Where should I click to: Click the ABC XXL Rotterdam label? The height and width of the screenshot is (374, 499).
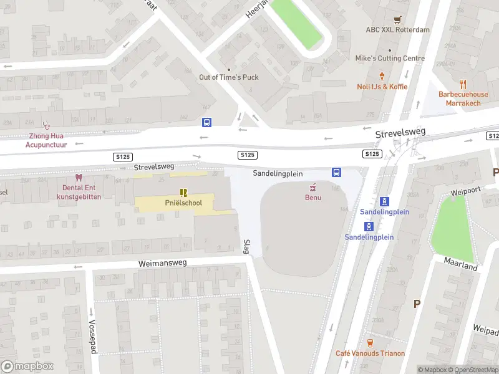[x=397, y=30]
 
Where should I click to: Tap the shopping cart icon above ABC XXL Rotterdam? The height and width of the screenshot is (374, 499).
[x=397, y=19]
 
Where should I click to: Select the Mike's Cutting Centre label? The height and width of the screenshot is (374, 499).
[x=390, y=59]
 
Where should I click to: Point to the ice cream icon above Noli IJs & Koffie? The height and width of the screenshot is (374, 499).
[x=382, y=77]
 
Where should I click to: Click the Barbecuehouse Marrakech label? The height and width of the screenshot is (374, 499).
[x=463, y=98]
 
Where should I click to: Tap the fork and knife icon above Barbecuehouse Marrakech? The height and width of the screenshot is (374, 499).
[x=463, y=84]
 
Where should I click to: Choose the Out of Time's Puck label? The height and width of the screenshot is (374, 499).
[x=228, y=77]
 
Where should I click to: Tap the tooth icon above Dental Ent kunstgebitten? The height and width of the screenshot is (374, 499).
[x=78, y=177]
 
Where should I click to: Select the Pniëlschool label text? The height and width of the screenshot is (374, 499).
[x=183, y=203]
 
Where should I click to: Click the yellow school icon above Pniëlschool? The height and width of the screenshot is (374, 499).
[x=183, y=192]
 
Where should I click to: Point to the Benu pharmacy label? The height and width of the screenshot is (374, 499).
[x=312, y=198]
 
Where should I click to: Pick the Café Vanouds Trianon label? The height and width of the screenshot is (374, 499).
[x=370, y=353]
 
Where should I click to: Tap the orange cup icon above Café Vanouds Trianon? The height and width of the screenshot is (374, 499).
[x=370, y=342]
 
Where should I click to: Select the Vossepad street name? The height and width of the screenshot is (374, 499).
[x=92, y=337]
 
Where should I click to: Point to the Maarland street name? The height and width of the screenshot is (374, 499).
[x=461, y=263]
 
